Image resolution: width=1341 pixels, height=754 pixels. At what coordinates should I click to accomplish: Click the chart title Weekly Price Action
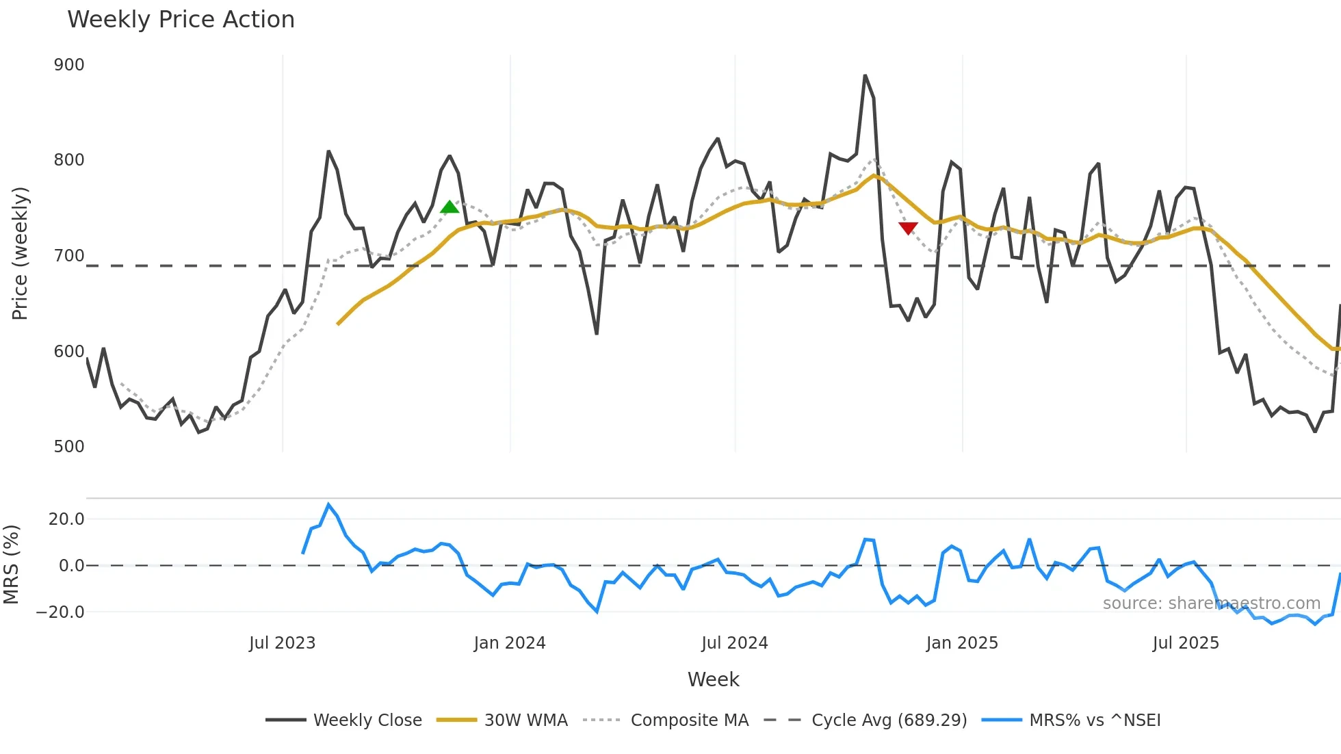pyautogui.click(x=181, y=20)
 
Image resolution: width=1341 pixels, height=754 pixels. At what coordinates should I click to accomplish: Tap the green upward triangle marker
pyautogui.click(x=450, y=207)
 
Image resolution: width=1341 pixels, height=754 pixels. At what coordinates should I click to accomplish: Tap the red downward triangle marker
pyautogui.click(x=908, y=228)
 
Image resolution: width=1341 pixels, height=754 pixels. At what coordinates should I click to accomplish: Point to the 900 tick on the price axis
pyautogui.click(x=69, y=65)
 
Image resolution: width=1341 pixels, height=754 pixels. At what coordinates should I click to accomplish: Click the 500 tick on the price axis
pyautogui.click(x=69, y=447)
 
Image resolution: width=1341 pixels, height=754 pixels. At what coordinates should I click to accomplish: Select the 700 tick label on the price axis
pyautogui.click(x=69, y=256)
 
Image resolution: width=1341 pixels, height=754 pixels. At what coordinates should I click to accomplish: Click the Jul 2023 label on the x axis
pyautogui.click(x=282, y=643)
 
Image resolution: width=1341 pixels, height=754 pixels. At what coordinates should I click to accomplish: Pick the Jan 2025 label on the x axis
pyautogui.click(x=962, y=643)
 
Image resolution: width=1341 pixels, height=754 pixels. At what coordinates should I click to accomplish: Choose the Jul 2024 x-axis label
pyautogui.click(x=735, y=643)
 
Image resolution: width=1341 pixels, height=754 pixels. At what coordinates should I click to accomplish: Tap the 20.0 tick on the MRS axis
pyautogui.click(x=66, y=519)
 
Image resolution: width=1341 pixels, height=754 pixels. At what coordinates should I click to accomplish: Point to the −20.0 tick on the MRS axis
pyautogui.click(x=60, y=612)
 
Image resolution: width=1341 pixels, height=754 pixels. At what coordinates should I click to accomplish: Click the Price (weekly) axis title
pyautogui.click(x=20, y=253)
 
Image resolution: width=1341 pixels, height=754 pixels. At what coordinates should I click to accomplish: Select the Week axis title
pyautogui.click(x=713, y=679)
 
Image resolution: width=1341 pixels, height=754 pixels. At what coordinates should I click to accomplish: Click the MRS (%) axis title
pyautogui.click(x=12, y=564)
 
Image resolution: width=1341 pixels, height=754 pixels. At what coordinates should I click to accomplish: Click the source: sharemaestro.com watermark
pyautogui.click(x=1211, y=603)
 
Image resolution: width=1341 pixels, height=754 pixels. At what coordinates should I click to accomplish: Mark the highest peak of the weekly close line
pyautogui.click(x=865, y=75)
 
